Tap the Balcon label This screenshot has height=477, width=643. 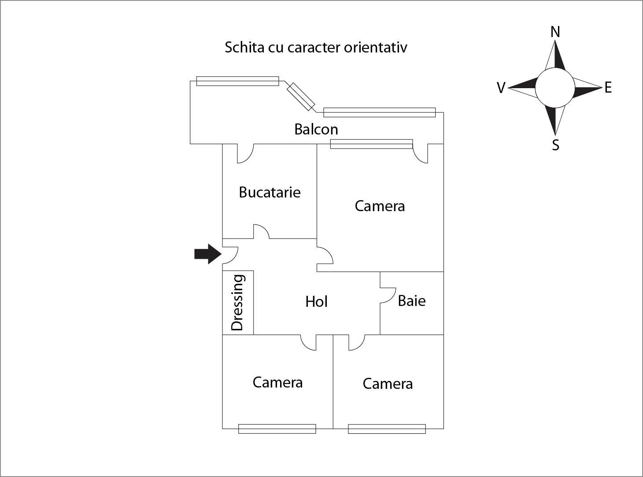[316, 130]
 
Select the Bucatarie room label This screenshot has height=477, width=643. [270, 193]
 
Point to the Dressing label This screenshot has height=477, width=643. [237, 302]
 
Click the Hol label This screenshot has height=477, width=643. [316, 302]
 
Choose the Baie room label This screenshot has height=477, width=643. [411, 301]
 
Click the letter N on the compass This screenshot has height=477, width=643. [555, 32]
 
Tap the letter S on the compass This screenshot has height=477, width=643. [555, 145]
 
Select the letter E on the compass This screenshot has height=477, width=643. [608, 88]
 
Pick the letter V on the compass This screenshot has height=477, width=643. [501, 88]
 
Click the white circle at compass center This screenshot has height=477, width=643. [554, 88]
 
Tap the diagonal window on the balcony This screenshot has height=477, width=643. [301, 97]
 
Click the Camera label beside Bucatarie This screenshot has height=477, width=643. [380, 206]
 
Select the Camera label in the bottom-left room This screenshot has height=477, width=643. [277, 383]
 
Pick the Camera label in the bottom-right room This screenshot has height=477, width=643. [388, 384]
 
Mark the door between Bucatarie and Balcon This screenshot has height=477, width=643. [245, 153]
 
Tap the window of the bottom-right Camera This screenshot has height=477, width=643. [387, 429]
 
